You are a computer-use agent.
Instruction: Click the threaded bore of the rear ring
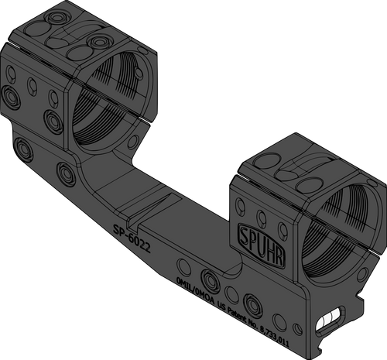click(116, 101)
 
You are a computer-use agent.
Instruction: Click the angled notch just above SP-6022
click(147, 207)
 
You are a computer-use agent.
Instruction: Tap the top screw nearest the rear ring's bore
click(96, 40)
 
